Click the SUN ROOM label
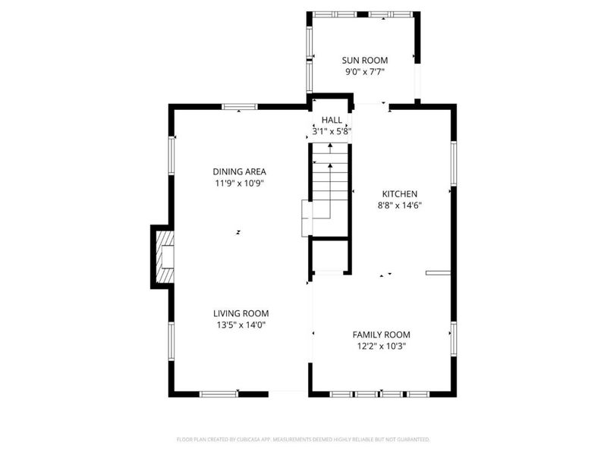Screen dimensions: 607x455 [x=365, y=61]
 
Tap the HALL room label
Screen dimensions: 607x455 [x=332, y=120]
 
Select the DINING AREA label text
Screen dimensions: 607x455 [x=239, y=171]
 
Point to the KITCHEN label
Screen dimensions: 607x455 [x=400, y=194]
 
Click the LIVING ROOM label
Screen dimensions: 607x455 [x=241, y=313]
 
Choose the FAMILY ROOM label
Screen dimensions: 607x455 [x=382, y=334]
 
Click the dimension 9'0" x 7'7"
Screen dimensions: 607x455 [x=365, y=71]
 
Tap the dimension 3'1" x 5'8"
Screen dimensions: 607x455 [x=332, y=131]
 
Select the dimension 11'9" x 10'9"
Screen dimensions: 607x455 [x=239, y=183]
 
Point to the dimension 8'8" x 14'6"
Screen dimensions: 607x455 [x=400, y=206]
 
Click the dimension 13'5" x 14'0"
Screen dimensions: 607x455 [x=241, y=325]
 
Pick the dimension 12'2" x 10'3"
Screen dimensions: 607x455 [x=382, y=346]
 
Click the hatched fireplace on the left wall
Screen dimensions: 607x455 [x=164, y=257]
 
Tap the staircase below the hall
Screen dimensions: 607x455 [x=330, y=190]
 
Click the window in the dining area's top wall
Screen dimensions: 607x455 [x=240, y=107]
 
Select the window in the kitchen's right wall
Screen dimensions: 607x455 [x=454, y=164]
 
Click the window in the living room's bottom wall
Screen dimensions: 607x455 [x=219, y=394]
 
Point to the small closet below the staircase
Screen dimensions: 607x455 [x=330, y=256]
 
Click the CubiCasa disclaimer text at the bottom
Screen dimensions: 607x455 [x=303, y=440]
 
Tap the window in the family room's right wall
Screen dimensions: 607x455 [x=454, y=339]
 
